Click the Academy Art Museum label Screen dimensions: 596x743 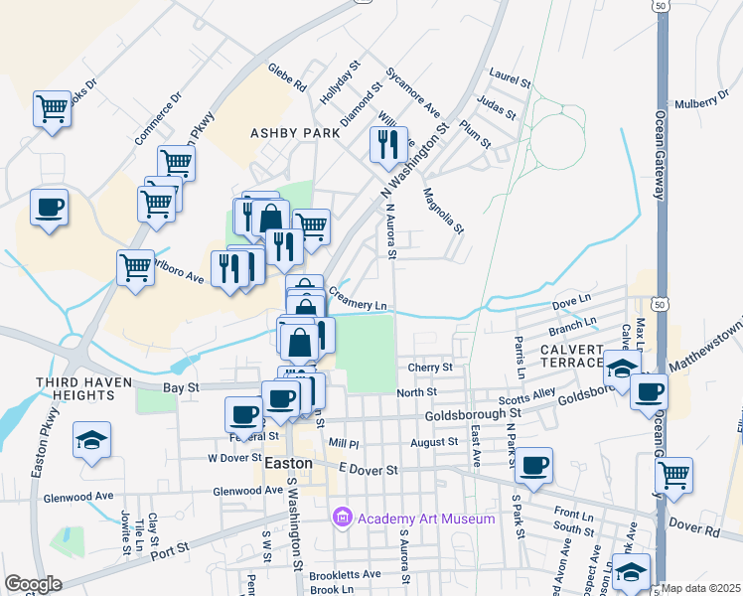point(426,519)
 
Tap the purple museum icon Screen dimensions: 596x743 point(343,518)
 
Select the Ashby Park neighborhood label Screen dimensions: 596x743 point(295,132)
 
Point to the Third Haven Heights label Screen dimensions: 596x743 point(83,382)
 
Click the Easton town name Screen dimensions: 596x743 point(290,464)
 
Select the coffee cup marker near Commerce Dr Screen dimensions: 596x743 point(49,208)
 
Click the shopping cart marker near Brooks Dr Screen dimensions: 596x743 point(52,108)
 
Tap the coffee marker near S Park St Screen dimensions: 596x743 point(533,466)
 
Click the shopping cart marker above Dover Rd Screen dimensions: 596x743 point(674,474)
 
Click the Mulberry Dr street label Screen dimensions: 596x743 point(701,102)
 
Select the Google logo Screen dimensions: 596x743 point(33,584)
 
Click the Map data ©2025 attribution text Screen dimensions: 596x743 point(701,588)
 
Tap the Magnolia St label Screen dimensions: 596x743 point(444,211)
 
